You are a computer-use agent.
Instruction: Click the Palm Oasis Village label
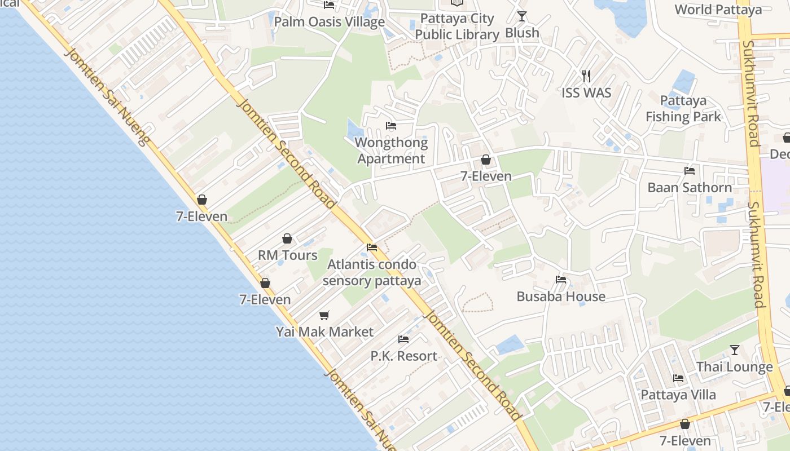tap(329, 22)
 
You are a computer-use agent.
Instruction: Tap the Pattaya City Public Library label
tap(457, 26)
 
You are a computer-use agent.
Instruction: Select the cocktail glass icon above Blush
tap(522, 16)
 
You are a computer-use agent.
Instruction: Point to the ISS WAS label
tap(586, 92)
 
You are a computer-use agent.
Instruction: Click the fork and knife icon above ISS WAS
tap(586, 75)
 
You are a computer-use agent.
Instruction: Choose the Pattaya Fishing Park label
tap(683, 109)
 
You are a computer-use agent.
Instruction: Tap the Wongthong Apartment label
tap(391, 151)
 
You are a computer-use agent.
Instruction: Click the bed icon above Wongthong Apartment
tap(390, 125)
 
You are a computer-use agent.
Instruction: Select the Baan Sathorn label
tap(690, 188)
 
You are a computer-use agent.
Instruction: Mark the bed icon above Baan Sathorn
tap(689, 170)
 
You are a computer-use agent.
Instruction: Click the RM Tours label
tap(288, 255)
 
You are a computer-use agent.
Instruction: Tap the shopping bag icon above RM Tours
tap(287, 238)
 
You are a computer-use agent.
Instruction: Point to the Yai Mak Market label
tap(324, 331)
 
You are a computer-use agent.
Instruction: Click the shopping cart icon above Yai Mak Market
tap(324, 315)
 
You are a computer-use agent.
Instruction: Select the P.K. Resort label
tap(403, 356)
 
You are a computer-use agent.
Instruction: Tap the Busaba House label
tap(561, 297)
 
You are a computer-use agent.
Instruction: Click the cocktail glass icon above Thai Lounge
tap(734, 350)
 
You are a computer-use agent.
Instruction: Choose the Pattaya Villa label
tap(678, 395)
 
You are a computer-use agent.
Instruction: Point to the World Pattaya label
tap(718, 10)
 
